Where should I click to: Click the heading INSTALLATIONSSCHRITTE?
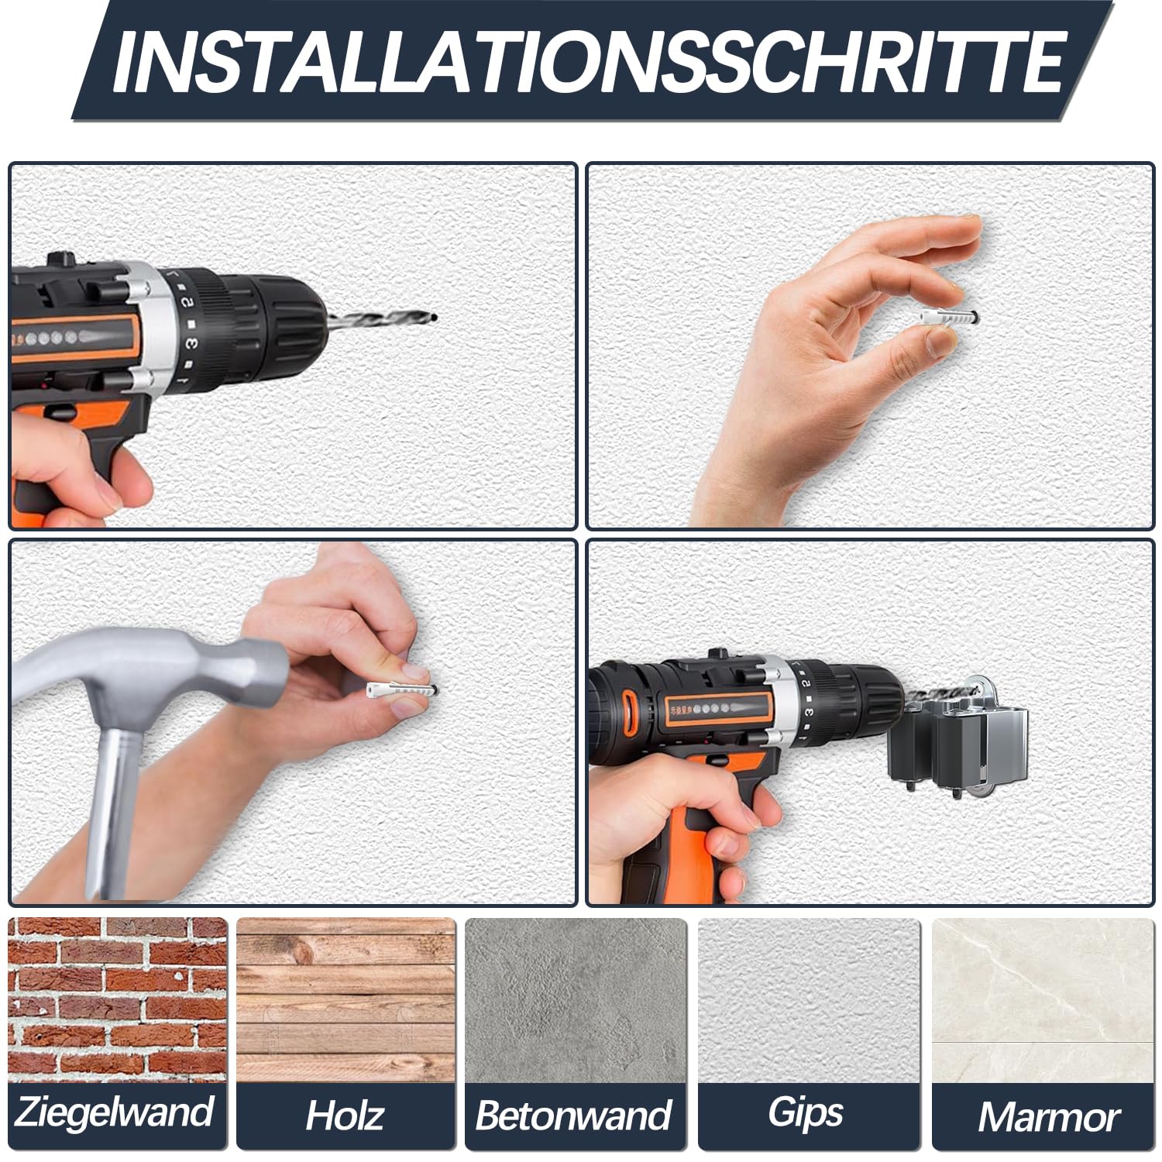click(x=587, y=61)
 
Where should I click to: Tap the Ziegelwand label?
click(x=114, y=1112)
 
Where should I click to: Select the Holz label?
click(x=344, y=1116)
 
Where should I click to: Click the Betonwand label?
click(x=574, y=1116)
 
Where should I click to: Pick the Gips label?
click(x=806, y=1113)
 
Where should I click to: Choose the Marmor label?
click(x=1049, y=1117)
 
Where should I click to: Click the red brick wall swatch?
click(x=118, y=999)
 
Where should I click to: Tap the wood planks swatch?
click(x=346, y=999)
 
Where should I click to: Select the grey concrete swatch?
click(x=576, y=999)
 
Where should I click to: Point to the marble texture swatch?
click(x=1042, y=999)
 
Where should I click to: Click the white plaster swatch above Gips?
click(x=809, y=999)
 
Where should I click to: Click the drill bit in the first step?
click(x=380, y=318)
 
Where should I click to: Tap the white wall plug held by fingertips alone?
click(x=950, y=318)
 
